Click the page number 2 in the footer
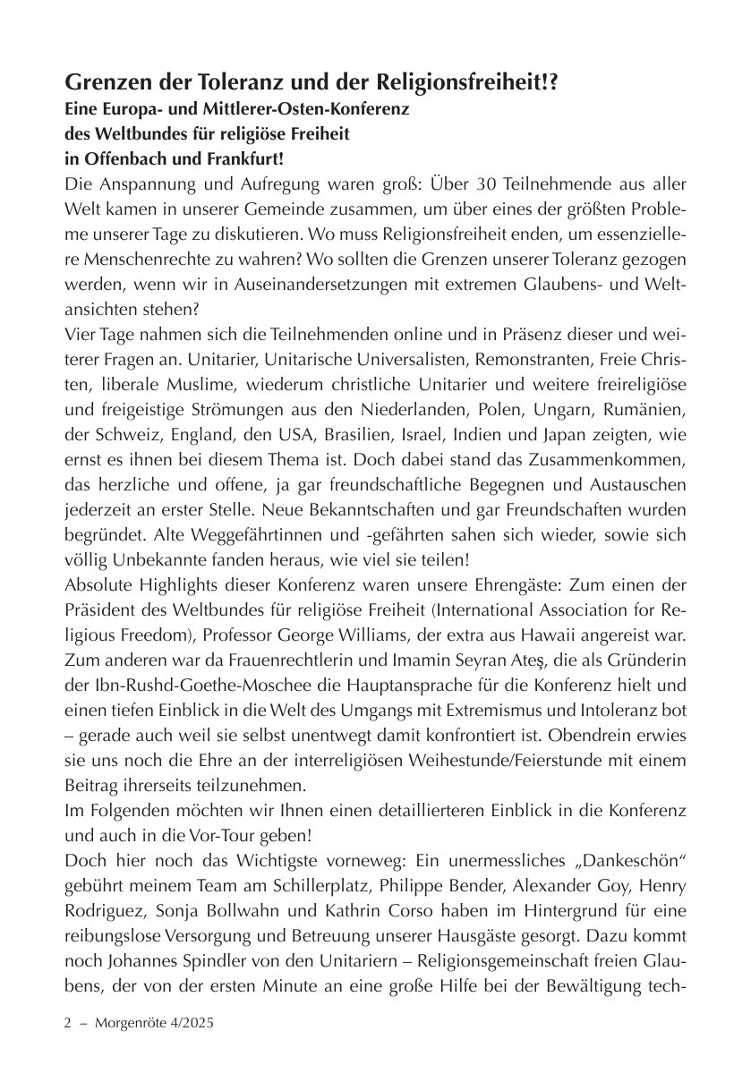(68, 1022)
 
